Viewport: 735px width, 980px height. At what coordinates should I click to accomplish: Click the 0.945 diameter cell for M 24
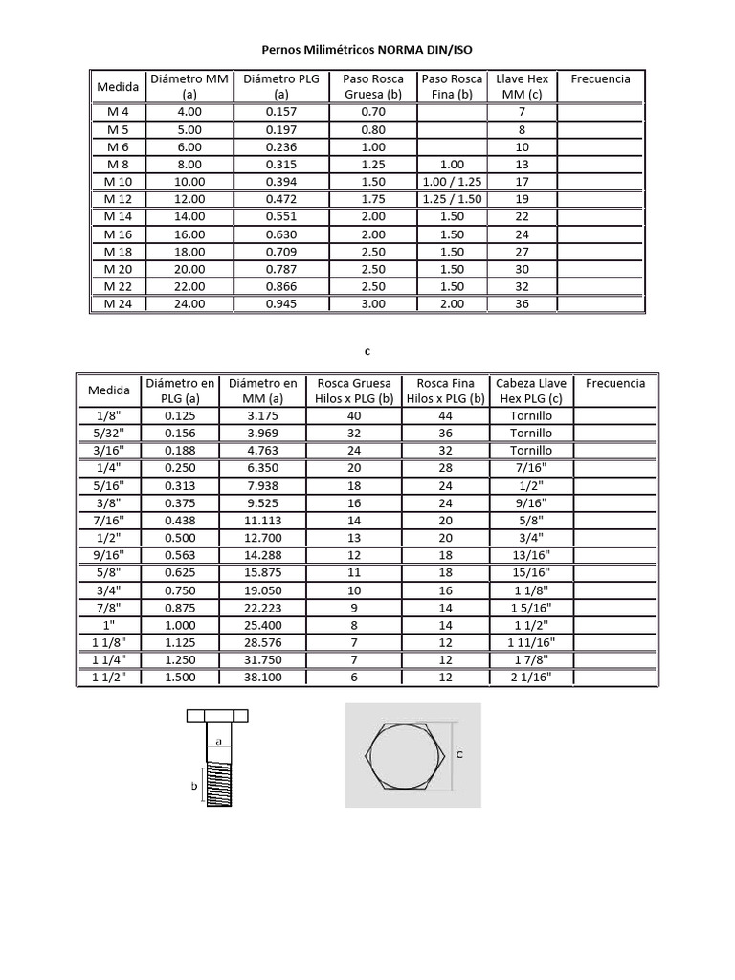point(281,304)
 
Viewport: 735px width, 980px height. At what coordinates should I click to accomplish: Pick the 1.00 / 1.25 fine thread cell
point(452,182)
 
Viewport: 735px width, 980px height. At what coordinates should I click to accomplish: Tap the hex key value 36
point(522,304)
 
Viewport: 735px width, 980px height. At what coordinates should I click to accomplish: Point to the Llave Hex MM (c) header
point(522,86)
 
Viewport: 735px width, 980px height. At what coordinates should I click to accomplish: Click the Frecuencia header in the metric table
point(600,78)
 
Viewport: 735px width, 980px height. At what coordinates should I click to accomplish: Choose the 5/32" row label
point(108,434)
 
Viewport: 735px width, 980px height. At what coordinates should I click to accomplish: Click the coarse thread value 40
point(355,415)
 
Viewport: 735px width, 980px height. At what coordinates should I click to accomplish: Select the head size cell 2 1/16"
point(531,679)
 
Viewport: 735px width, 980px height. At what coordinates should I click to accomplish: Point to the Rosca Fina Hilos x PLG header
point(443,390)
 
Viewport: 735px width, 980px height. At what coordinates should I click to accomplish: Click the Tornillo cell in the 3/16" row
point(531,451)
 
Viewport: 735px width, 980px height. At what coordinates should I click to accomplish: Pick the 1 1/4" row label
point(108,661)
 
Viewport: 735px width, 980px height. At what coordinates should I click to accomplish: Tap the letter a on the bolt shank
point(218,741)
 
